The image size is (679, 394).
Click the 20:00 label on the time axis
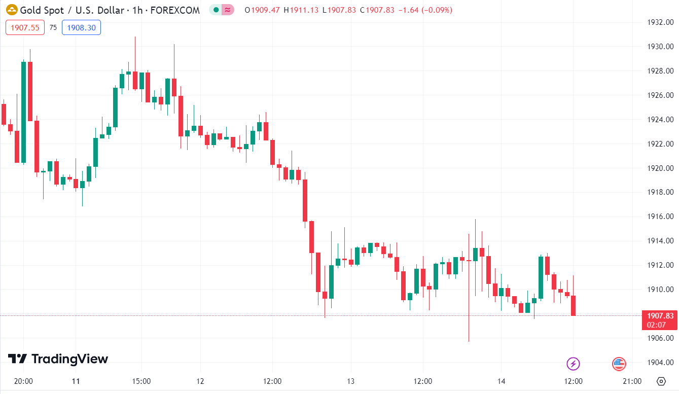point(23,381)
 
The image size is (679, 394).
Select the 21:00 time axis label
point(632,381)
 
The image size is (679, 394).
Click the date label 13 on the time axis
point(350,381)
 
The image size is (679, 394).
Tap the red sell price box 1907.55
point(25,28)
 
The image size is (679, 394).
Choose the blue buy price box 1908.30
point(81,28)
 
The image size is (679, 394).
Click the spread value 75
point(53,28)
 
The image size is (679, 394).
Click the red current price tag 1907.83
point(659,315)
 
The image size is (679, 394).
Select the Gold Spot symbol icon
point(11,10)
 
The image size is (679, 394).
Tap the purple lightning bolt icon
point(573,364)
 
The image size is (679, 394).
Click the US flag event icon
point(619,364)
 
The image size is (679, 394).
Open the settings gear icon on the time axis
point(661,381)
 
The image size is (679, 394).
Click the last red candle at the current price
point(574,306)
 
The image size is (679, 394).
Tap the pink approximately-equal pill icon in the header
point(228,10)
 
